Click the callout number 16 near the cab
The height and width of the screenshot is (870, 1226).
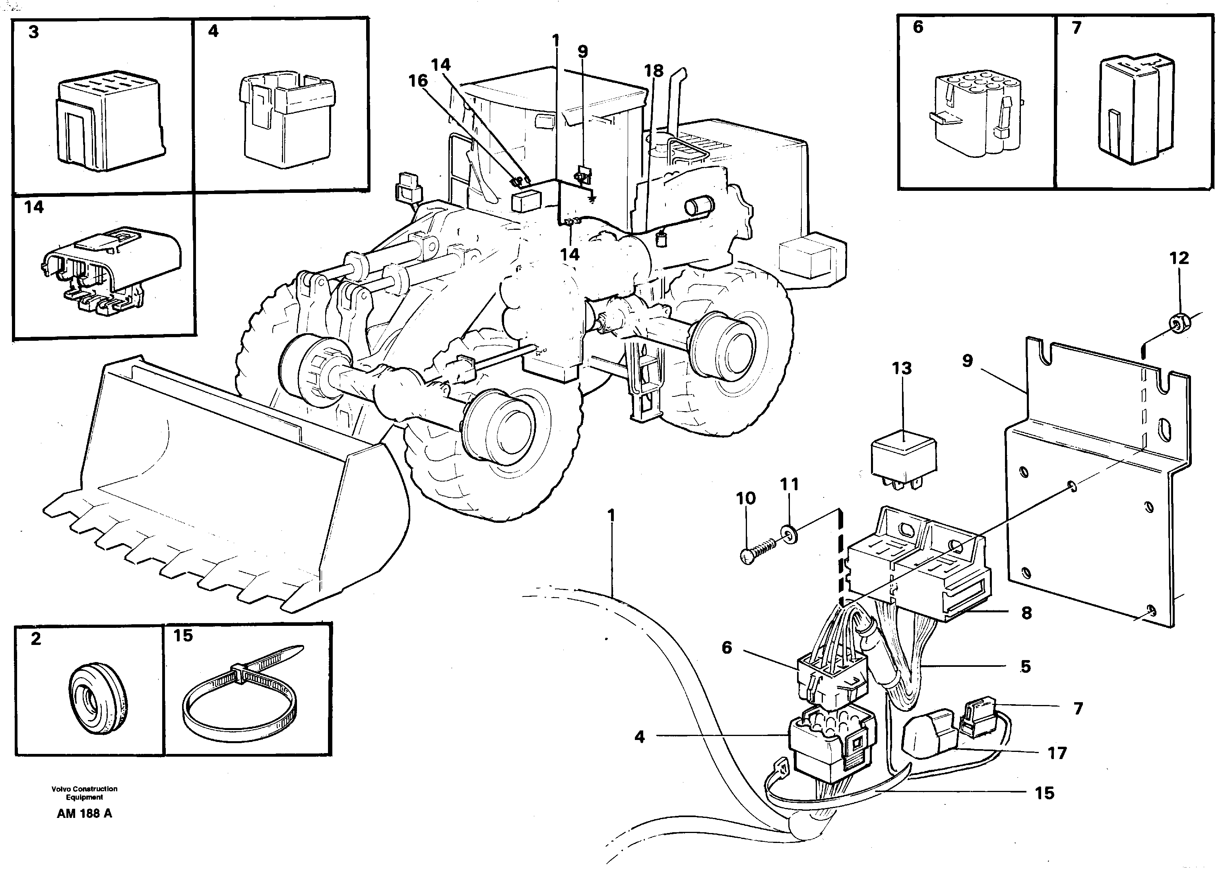(x=418, y=81)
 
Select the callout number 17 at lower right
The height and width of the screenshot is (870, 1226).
(x=1057, y=753)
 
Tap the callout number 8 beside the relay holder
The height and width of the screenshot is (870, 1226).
(x=1026, y=613)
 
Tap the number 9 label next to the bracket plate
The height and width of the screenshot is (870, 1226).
(x=967, y=361)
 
